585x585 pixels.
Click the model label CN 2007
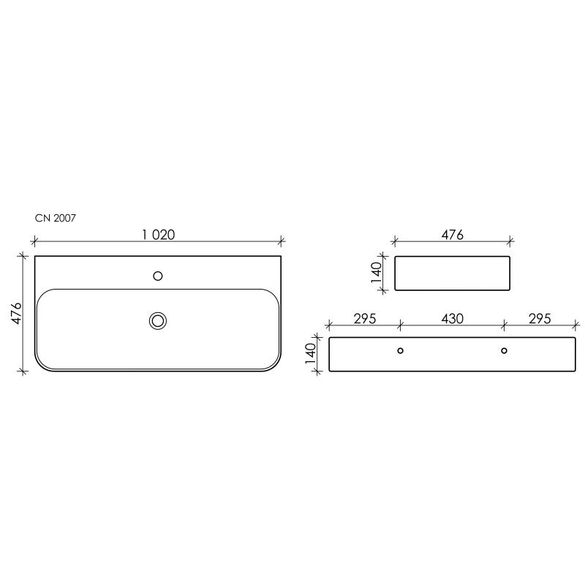pos(56,218)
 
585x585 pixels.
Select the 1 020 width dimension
pos(158,235)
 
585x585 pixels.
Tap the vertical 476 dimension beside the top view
pos(17,314)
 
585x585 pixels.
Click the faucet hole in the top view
pos(158,276)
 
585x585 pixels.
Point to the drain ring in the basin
pos(158,321)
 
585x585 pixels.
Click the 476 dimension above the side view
pos(452,235)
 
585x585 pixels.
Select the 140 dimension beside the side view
pos(377,273)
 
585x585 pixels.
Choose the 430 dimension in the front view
pos(452,319)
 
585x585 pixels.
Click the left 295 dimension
pos(364,319)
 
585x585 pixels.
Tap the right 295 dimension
pos(540,319)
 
